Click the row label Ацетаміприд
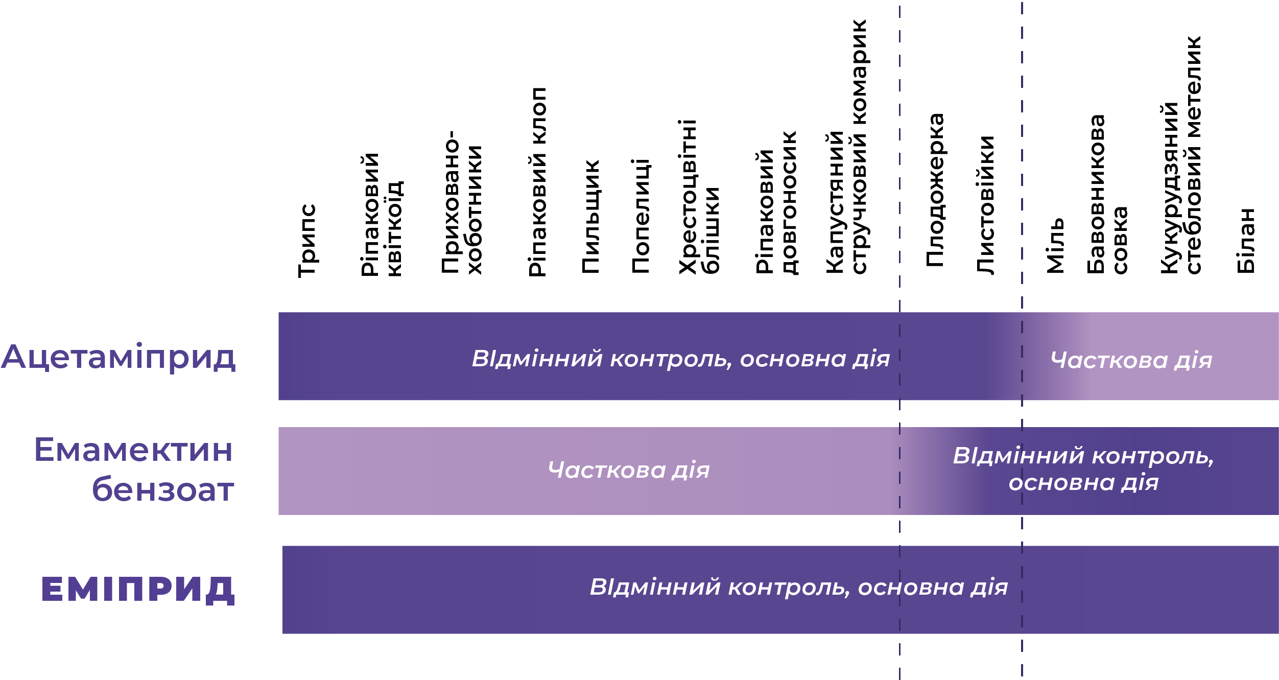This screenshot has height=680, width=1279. point(119,357)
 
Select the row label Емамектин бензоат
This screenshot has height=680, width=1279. point(134,469)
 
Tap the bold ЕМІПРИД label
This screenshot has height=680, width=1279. point(138,590)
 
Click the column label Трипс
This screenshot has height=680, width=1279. point(307,240)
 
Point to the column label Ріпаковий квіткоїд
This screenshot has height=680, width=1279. point(382,215)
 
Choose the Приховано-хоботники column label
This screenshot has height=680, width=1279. point(462,202)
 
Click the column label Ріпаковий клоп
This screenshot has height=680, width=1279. point(537,182)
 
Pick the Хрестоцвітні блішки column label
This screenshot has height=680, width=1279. point(699,197)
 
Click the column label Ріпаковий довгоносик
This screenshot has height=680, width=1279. point(776,202)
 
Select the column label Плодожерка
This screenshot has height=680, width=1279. point(935,190)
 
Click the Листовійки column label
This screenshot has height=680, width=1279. point(986,204)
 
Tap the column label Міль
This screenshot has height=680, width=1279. point(1055,246)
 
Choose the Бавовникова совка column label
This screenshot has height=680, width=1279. point(1106,194)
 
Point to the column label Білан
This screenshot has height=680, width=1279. point(1246,240)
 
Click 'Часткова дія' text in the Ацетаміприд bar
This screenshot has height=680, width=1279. point(1131,360)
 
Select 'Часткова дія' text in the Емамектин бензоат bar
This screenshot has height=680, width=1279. point(629,470)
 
